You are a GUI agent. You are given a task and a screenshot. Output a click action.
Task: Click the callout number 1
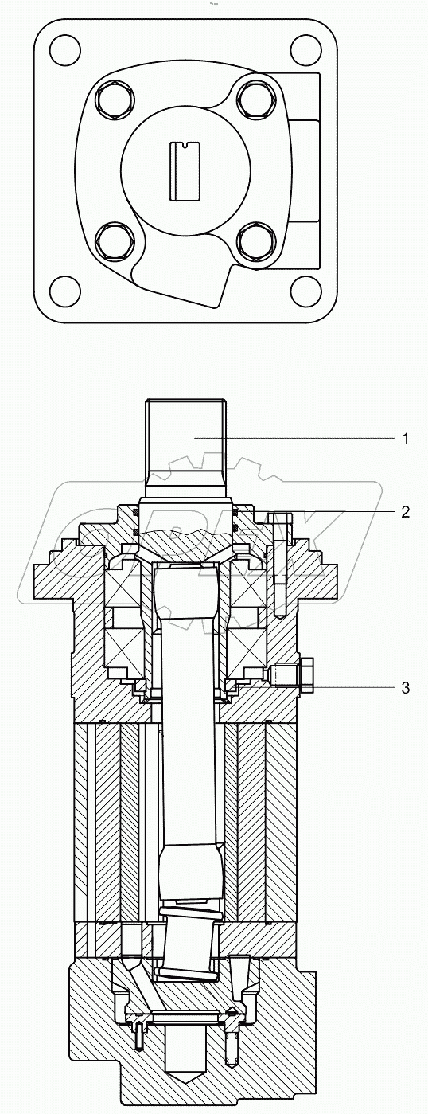[x=405, y=439]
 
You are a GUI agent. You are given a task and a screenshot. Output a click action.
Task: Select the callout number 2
[x=405, y=511]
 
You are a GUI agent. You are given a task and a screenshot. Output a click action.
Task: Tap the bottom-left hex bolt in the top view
[x=111, y=238]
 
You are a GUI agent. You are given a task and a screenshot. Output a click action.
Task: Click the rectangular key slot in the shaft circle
[x=185, y=170]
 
